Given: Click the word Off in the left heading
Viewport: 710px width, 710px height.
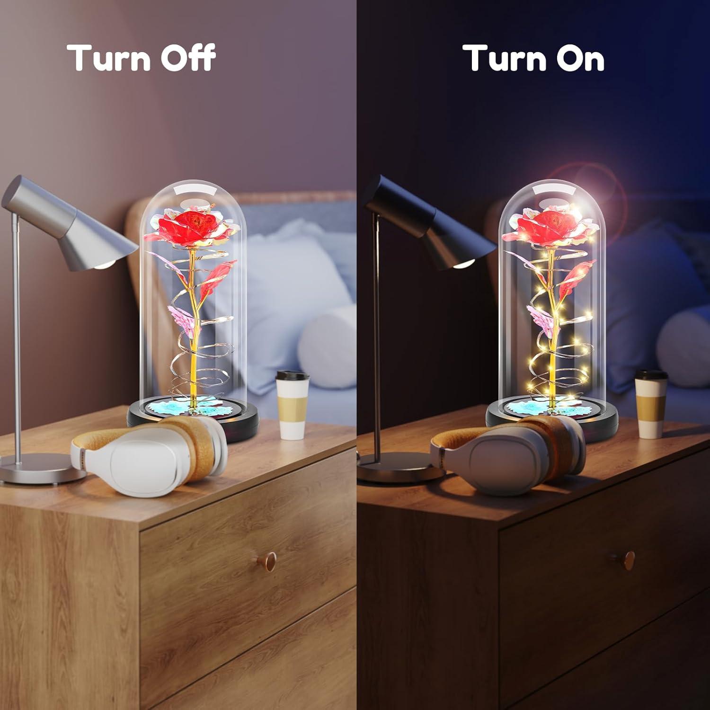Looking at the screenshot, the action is [x=182, y=57].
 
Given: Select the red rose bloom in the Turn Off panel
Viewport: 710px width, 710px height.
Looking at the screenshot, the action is [x=188, y=227].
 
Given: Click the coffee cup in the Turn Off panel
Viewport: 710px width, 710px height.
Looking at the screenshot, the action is [x=292, y=404].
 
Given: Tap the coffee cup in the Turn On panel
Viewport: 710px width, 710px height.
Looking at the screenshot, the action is [x=651, y=403].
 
